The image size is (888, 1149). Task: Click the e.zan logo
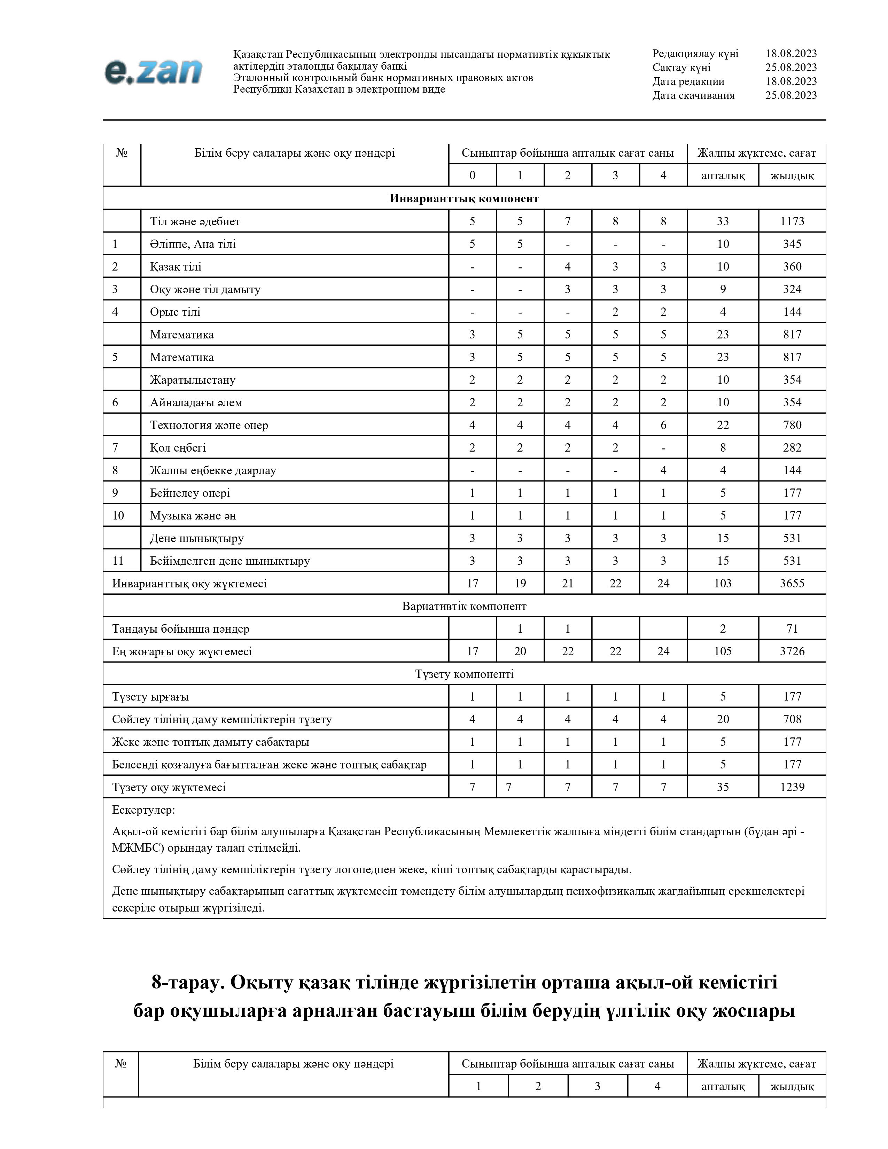153,72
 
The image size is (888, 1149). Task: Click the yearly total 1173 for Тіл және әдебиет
792,221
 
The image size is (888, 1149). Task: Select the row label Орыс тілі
175,312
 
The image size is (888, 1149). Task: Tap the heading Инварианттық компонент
464,198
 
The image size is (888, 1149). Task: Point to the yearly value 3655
792,584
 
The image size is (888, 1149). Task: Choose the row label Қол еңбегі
178,448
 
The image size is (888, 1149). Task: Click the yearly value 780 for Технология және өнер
792,425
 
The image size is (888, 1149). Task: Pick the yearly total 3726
792,651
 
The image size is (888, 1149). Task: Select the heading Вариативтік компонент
464,606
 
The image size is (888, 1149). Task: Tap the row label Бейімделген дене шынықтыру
230,561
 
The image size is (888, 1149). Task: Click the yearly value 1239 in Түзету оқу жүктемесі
792,787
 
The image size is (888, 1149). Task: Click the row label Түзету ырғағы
150,697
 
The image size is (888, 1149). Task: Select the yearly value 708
792,719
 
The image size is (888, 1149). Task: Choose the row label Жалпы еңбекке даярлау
213,470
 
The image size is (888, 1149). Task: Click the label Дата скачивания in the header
693,95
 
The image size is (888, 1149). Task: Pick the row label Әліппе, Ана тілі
193,244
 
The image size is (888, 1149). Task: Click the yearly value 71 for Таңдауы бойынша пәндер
792,629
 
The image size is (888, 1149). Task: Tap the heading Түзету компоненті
464,674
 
